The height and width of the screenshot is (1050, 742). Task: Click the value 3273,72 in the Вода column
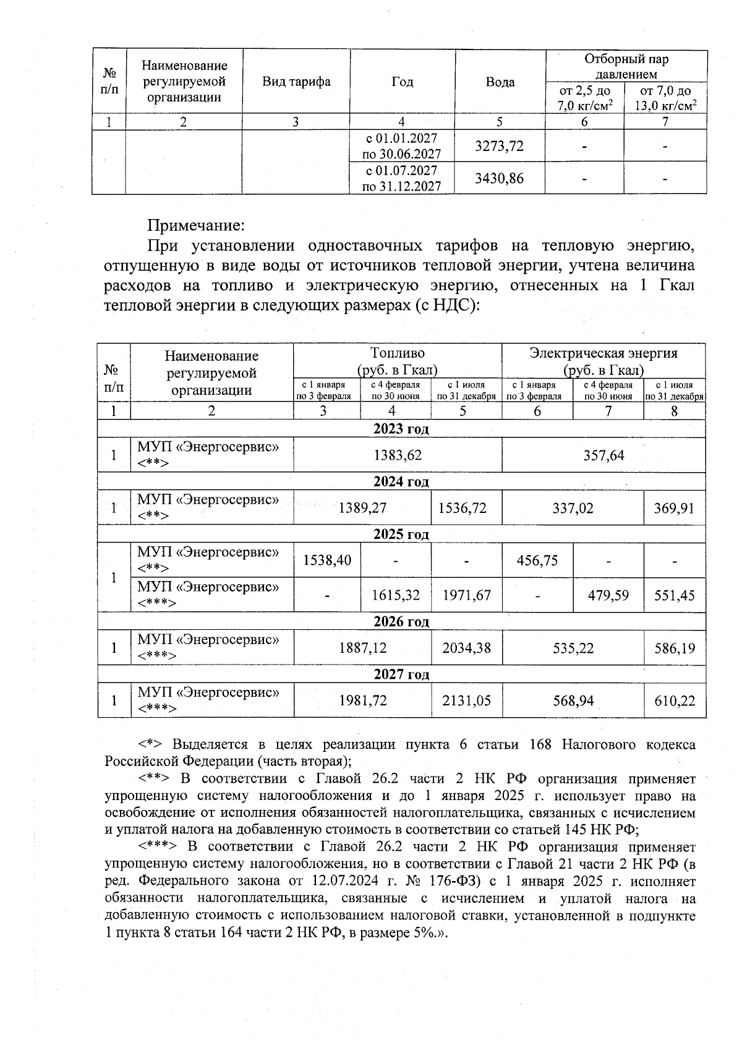(499, 146)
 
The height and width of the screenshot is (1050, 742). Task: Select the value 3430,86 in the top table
(499, 179)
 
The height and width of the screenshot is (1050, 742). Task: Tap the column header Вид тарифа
(296, 82)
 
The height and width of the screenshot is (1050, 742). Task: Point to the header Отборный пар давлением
(626, 66)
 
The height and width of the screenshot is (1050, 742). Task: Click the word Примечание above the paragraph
(196, 223)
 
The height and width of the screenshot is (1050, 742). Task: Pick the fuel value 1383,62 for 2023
(398, 455)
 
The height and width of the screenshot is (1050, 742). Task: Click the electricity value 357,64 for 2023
(603, 455)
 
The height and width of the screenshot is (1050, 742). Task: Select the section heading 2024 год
(401, 481)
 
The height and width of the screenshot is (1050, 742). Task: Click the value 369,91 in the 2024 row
(674, 508)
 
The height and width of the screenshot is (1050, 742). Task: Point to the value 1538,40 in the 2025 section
(327, 560)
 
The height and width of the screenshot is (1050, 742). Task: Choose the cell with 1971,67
(466, 595)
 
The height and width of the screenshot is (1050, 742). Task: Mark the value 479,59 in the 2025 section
(608, 595)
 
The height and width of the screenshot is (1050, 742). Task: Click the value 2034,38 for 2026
(466, 648)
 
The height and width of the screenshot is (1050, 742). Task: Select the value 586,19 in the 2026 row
(674, 648)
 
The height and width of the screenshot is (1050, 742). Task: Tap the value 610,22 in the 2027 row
(674, 700)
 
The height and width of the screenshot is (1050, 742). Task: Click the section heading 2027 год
(401, 674)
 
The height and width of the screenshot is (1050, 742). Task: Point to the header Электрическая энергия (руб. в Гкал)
(603, 361)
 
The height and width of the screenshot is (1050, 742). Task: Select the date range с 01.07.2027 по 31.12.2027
(402, 178)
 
